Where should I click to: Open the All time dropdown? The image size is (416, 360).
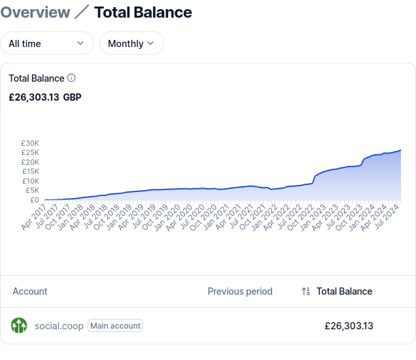point(46,43)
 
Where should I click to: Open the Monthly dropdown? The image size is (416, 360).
point(131,43)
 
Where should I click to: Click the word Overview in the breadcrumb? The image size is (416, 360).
point(35,12)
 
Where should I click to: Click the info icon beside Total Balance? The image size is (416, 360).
point(71,78)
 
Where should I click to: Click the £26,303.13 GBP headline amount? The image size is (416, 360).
point(45,97)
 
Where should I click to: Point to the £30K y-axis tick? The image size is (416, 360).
point(30,143)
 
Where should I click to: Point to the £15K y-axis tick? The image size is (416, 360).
point(30,171)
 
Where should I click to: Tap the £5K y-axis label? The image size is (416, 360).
point(32,190)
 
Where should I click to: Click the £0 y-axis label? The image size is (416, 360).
point(34,200)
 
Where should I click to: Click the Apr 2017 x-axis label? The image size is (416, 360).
point(35,218)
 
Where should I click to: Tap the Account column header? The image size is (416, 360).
point(30,291)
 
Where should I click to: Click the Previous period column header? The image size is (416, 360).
point(240,291)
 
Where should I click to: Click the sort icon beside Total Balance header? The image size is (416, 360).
point(305,291)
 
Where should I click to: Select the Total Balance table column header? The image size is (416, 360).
point(344,291)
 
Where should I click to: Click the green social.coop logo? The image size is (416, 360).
point(19,325)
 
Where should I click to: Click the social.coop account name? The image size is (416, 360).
point(59,325)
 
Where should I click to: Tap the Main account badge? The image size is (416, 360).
point(115,325)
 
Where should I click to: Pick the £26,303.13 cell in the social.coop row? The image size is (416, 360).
point(349,325)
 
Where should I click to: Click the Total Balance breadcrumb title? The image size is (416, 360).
point(143,12)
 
